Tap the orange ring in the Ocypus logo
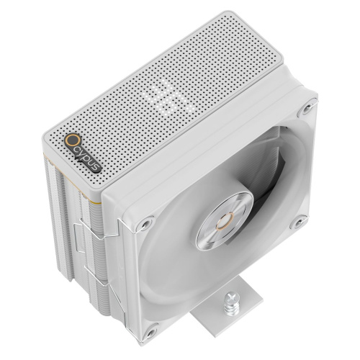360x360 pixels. pos(71,139)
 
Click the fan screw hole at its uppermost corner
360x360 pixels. pos(307,108)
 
